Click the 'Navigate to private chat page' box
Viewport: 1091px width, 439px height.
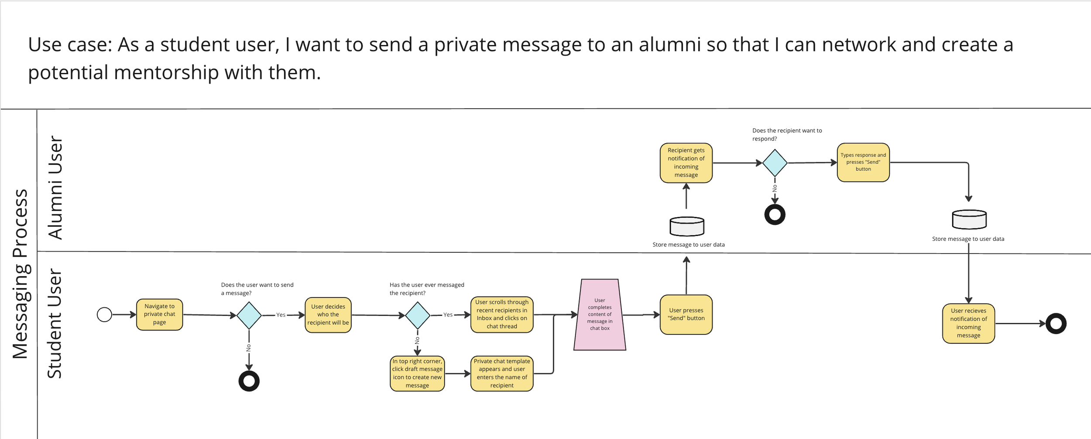coord(159,314)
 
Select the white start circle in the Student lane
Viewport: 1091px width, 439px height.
coord(104,314)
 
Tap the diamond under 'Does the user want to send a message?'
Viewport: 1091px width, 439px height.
coord(249,315)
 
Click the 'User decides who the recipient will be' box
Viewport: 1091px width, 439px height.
coord(328,315)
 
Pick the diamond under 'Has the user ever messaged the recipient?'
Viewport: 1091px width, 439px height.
coord(418,315)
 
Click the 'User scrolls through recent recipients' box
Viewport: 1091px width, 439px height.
coord(501,314)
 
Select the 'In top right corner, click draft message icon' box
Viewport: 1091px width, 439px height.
coord(417,373)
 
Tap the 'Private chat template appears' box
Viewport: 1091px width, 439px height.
coord(501,373)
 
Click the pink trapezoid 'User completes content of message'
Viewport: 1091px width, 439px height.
coord(599,315)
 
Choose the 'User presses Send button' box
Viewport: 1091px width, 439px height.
coord(686,314)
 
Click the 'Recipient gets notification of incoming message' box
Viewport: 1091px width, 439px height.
coord(686,162)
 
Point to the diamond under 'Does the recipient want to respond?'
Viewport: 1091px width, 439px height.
coord(775,163)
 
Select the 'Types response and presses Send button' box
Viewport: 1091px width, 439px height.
coord(863,162)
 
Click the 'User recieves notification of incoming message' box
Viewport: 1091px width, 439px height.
coord(968,323)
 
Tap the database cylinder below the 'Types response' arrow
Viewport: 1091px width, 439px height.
coord(969,219)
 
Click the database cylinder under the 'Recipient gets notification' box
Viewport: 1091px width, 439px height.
coord(686,226)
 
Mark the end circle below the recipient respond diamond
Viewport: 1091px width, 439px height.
coord(775,214)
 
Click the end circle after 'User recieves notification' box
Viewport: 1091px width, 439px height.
coord(1056,323)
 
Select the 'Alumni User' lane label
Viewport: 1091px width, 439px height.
coord(55,187)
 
